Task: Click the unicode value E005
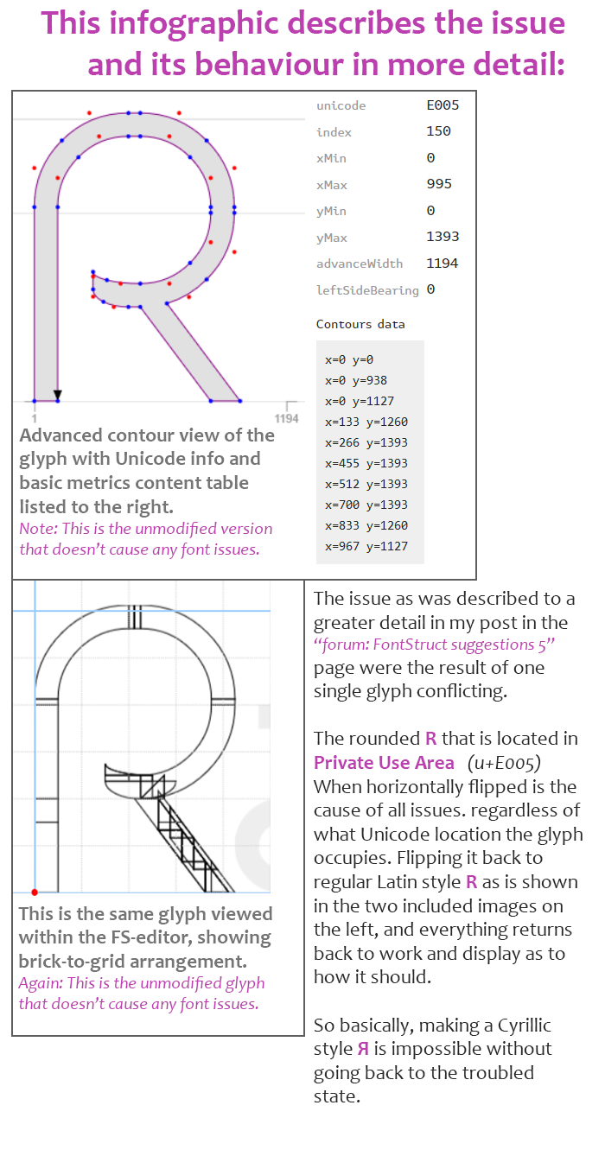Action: click(x=443, y=105)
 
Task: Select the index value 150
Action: click(x=438, y=131)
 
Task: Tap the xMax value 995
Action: click(x=439, y=184)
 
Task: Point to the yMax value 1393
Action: click(x=443, y=237)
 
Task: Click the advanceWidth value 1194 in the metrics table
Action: click(x=443, y=264)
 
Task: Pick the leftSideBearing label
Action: click(x=367, y=290)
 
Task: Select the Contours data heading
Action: click(x=360, y=324)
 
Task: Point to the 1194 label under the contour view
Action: click(x=286, y=418)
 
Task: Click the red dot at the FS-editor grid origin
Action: click(x=35, y=892)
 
